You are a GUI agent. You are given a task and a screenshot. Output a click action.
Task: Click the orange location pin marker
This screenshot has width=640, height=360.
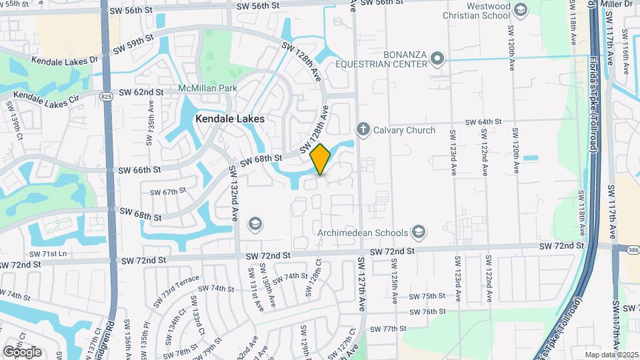321,159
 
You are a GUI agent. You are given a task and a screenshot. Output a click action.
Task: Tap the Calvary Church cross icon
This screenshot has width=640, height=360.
363,129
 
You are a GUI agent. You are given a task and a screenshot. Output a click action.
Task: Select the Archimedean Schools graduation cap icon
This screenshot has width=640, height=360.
418,232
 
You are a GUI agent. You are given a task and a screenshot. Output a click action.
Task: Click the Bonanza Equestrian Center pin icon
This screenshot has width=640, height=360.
437,58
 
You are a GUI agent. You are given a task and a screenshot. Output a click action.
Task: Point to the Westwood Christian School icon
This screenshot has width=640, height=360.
521,9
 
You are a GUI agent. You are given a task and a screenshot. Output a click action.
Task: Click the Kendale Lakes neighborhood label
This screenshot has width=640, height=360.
230,119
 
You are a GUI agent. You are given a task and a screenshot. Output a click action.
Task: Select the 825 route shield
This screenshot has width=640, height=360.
107,97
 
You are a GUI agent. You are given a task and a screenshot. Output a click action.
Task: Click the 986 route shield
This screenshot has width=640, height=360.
632,249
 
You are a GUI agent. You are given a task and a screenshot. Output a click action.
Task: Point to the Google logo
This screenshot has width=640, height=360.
22,351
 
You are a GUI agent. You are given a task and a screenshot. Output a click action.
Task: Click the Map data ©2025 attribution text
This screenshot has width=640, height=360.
611,355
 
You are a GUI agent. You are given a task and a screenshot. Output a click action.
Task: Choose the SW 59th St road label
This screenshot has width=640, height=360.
133,45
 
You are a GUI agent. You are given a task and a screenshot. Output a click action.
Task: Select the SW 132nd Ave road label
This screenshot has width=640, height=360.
234,193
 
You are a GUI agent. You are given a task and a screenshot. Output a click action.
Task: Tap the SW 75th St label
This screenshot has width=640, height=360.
427,296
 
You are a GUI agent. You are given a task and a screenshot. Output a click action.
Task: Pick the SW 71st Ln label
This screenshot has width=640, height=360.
48,254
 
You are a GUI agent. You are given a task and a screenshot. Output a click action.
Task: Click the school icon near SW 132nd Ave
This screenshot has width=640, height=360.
255,223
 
